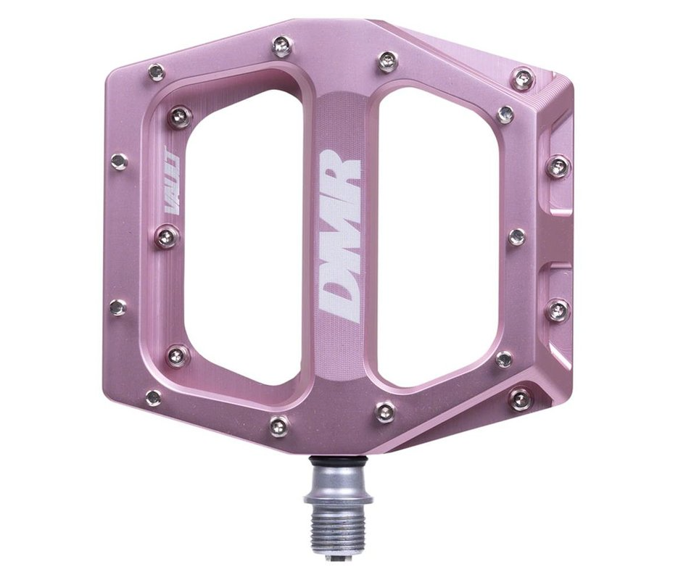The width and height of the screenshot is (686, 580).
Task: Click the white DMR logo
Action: (x=340, y=236)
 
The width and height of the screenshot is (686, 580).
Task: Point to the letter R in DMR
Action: (x=340, y=174)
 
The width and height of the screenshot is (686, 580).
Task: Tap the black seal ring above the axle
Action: (x=340, y=461)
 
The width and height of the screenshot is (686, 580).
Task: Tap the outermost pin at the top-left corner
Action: (x=156, y=72)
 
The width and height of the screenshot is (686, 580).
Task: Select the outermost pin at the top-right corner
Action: (x=522, y=78)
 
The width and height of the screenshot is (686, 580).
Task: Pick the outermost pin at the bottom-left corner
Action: (x=154, y=398)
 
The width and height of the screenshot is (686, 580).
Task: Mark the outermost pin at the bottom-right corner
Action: (x=521, y=397)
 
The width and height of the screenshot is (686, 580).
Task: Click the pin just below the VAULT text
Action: (x=168, y=236)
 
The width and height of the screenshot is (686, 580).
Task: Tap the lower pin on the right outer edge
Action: (x=558, y=310)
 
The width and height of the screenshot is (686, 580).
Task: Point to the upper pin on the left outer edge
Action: (x=119, y=162)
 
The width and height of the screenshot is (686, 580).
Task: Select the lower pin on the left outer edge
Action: (x=118, y=307)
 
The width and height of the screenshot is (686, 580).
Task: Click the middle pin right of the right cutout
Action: (x=516, y=236)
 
